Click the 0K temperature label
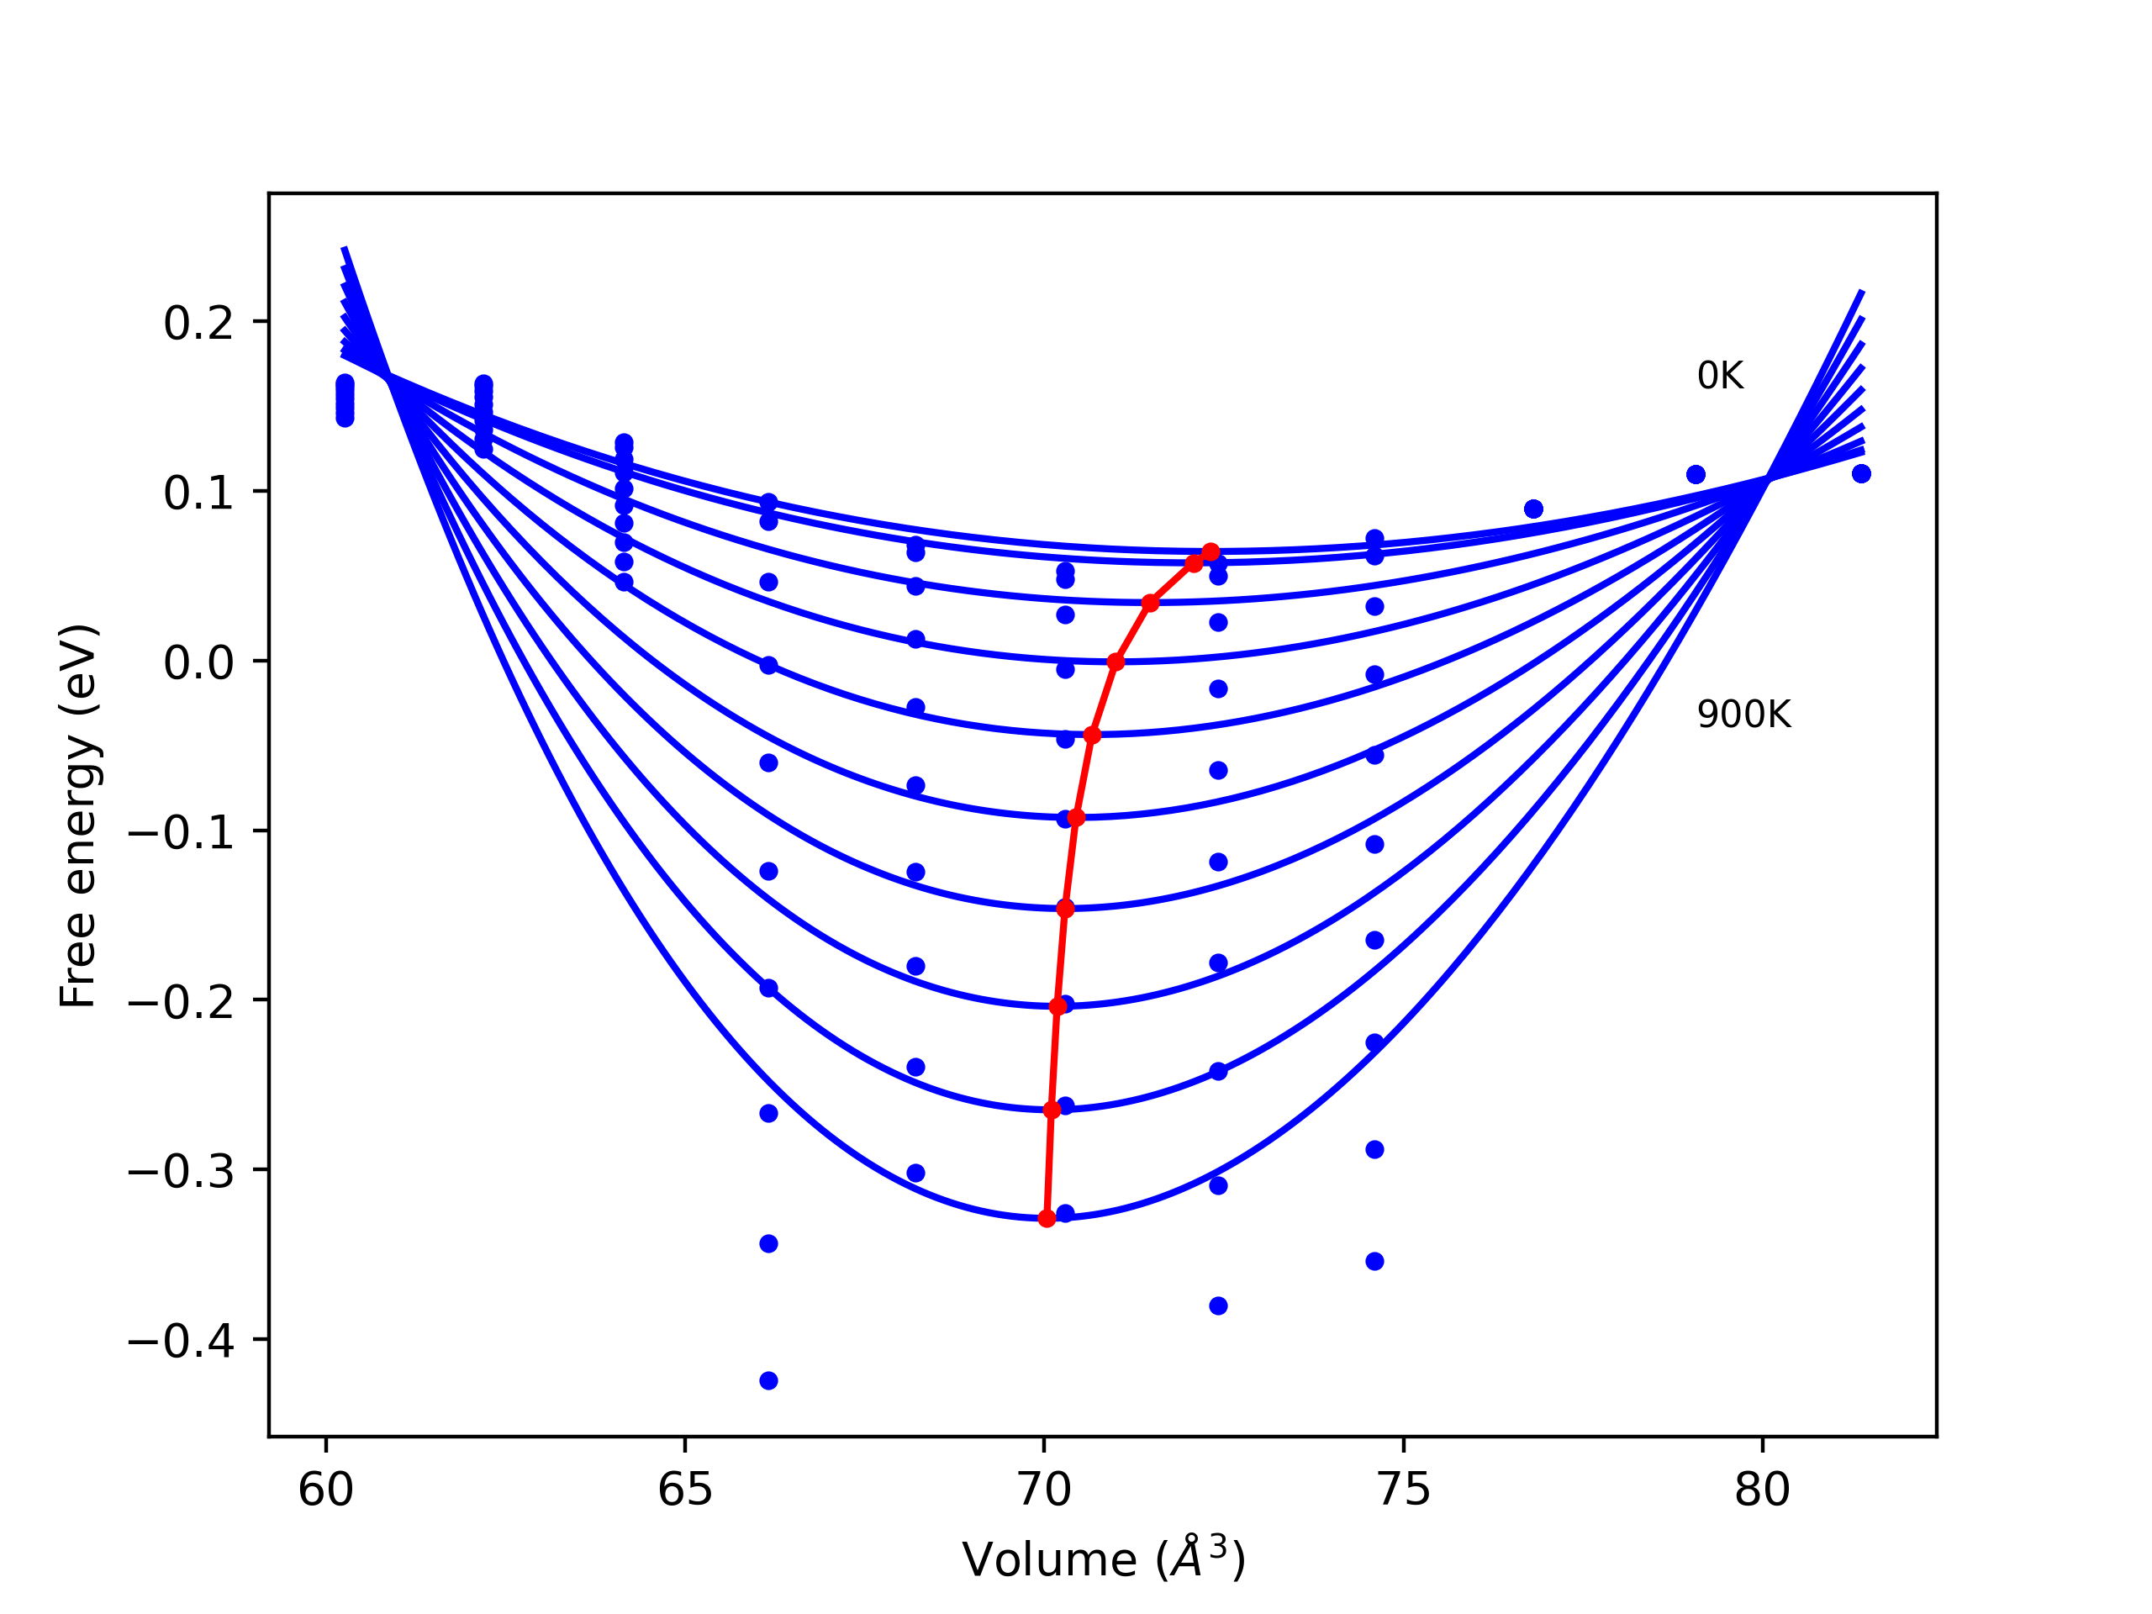pos(1720,377)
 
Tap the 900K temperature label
pos(1743,715)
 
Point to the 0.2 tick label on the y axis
pos(198,323)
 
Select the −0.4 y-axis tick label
pos(181,1342)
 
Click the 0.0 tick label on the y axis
pos(198,662)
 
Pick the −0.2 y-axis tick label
pos(181,1002)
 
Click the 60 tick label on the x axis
pos(325,1490)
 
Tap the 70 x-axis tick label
pos(1044,1490)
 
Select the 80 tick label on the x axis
pos(1762,1490)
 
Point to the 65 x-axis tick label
pos(685,1490)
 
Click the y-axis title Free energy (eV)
pos(78,815)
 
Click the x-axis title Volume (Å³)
pos(1103,1559)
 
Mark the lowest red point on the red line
pos(1047,1218)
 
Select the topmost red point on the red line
pos(1210,552)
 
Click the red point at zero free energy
pos(1116,662)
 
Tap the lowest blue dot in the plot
pos(768,1380)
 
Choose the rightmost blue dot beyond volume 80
pos(1861,474)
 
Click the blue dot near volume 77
pos(1533,509)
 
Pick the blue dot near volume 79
pos(1696,475)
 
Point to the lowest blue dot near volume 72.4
pos(1218,1305)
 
